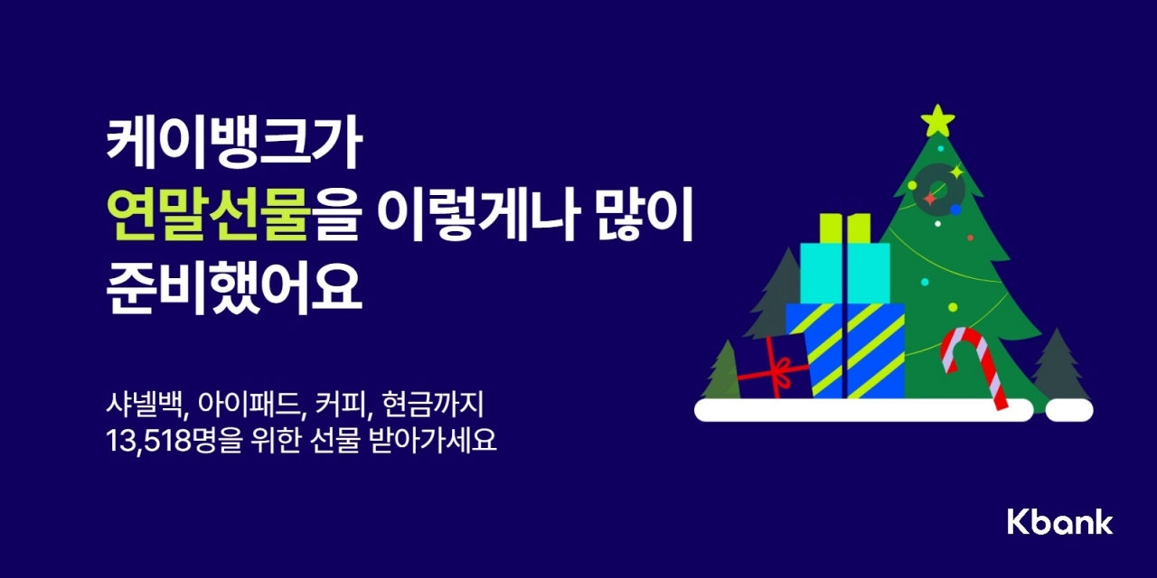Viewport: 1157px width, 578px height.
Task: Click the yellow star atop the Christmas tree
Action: click(937, 120)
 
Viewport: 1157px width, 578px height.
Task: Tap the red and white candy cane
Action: click(972, 361)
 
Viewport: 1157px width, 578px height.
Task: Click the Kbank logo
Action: click(1059, 522)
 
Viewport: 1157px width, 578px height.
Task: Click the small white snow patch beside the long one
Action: click(1069, 410)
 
